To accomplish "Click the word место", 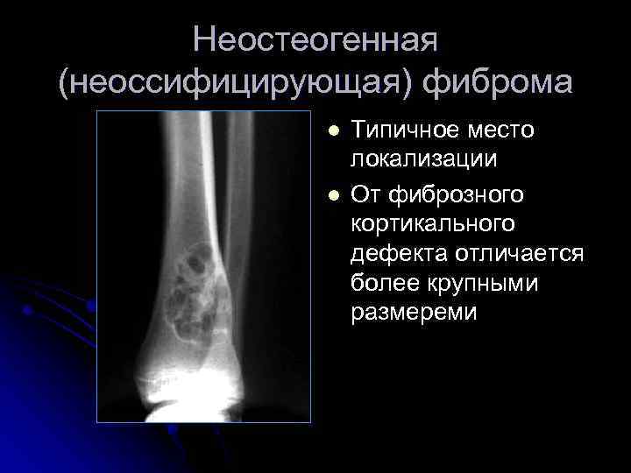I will pyautogui.click(x=503, y=131).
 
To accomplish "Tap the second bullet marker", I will pyautogui.click(x=332, y=192).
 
